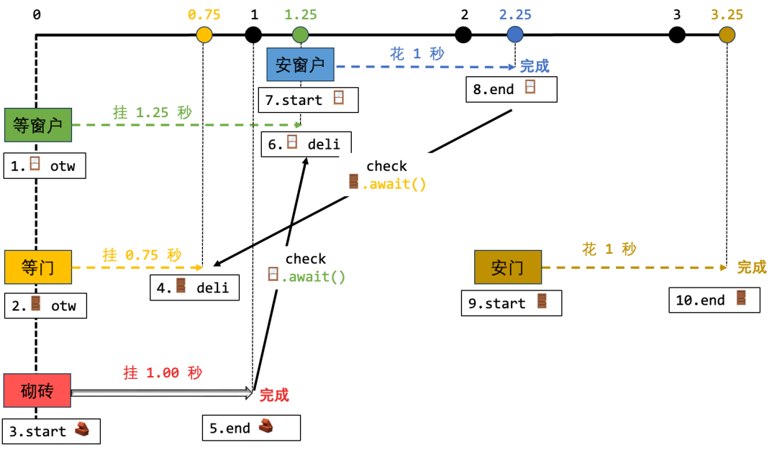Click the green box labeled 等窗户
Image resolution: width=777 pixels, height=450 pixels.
click(x=38, y=125)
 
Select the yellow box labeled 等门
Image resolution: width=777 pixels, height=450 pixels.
click(x=38, y=267)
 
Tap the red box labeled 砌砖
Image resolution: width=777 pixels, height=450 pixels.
click(x=37, y=390)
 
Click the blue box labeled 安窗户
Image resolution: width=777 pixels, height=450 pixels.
click(x=300, y=65)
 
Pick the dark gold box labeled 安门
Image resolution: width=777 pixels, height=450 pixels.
click(x=508, y=267)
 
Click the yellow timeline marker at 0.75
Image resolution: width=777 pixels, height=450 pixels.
click(x=204, y=35)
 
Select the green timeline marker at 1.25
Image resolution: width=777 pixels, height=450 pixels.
click(x=300, y=35)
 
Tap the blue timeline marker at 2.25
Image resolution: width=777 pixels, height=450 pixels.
click(x=515, y=35)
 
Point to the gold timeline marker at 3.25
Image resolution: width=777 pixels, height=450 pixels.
click(x=727, y=35)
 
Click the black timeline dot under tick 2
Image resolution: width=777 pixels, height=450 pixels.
click(x=463, y=35)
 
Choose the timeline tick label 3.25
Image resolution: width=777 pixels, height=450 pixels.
click(x=727, y=15)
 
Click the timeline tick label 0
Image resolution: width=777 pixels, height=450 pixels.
click(x=37, y=15)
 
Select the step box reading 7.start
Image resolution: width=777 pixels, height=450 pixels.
click(x=308, y=100)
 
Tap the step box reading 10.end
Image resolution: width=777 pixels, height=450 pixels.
click(x=714, y=300)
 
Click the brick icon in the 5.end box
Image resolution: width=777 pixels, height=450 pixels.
click(x=266, y=426)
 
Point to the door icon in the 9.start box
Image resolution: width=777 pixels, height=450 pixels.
click(x=542, y=301)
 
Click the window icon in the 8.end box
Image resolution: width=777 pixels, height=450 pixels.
click(x=530, y=87)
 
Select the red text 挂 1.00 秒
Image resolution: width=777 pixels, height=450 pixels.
click(x=163, y=373)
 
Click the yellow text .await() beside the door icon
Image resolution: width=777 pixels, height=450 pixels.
click(x=394, y=184)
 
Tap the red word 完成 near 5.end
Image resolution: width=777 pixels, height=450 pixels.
click(x=274, y=395)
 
